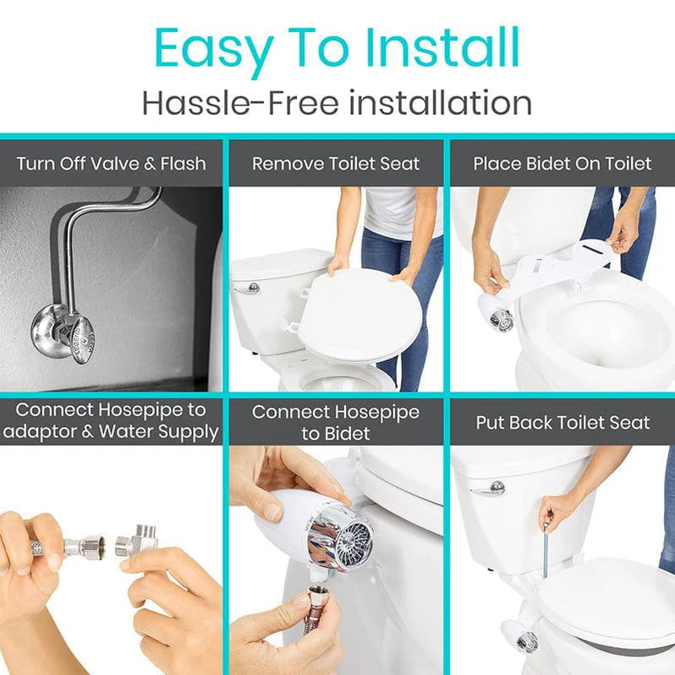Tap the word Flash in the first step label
click(184, 163)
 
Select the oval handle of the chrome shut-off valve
click(84, 339)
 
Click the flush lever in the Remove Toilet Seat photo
click(247, 288)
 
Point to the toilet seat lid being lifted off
click(359, 315)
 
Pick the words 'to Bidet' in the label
click(336, 433)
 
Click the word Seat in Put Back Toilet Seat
click(630, 422)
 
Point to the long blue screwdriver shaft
click(546, 550)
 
